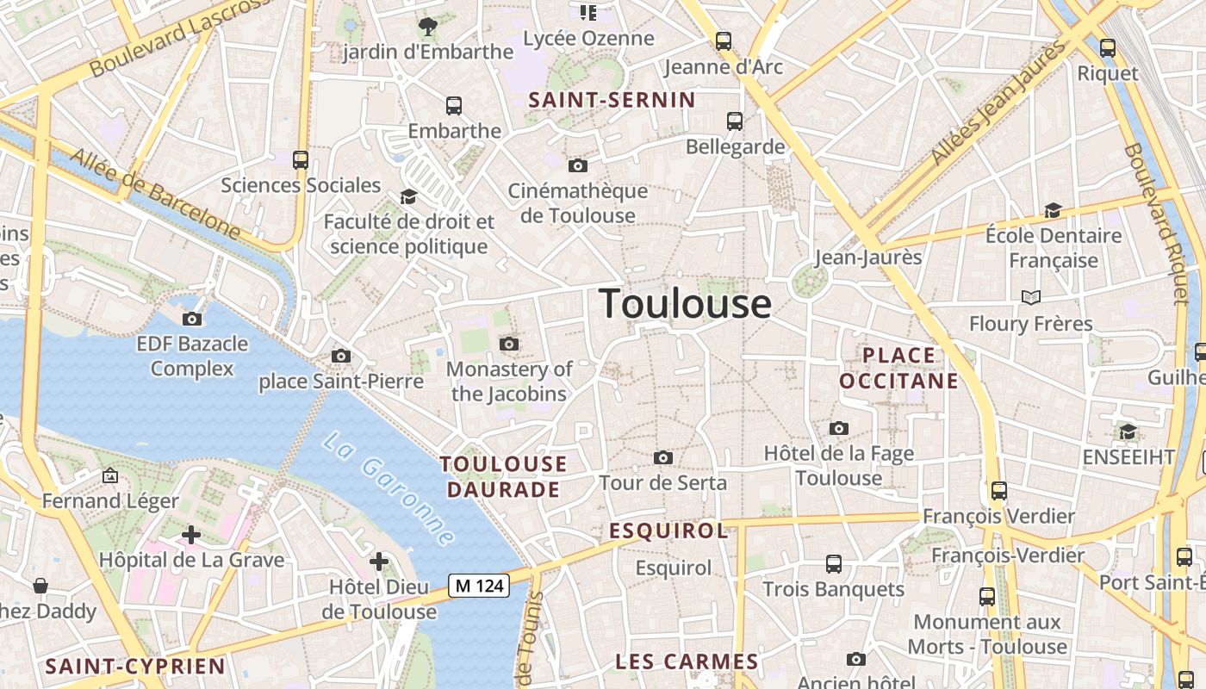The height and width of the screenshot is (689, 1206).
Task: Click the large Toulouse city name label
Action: click(685, 304)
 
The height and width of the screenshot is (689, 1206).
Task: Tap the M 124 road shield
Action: click(479, 586)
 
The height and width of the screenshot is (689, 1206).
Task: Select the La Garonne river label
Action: click(388, 487)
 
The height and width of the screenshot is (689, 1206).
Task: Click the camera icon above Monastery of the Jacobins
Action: click(509, 344)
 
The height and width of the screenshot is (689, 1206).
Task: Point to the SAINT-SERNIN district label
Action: click(612, 100)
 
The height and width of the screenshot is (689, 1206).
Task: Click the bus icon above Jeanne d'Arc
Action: click(724, 40)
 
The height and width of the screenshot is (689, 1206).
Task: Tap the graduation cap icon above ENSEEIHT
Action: click(1127, 431)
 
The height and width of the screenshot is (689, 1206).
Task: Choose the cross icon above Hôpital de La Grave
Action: click(191, 535)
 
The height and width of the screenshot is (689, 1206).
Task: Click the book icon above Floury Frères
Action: click(1030, 298)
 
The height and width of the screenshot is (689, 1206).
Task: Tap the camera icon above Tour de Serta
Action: click(662, 457)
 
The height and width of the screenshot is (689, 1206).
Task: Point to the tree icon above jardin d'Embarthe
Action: click(427, 27)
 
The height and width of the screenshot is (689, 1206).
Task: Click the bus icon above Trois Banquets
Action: click(833, 564)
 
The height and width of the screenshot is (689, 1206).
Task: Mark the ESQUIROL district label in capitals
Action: click(668, 531)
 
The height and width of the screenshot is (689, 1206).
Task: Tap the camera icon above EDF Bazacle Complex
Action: click(192, 319)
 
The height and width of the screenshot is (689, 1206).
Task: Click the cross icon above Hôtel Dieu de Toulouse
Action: click(378, 562)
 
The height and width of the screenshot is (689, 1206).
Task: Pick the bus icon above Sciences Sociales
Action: click(301, 159)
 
